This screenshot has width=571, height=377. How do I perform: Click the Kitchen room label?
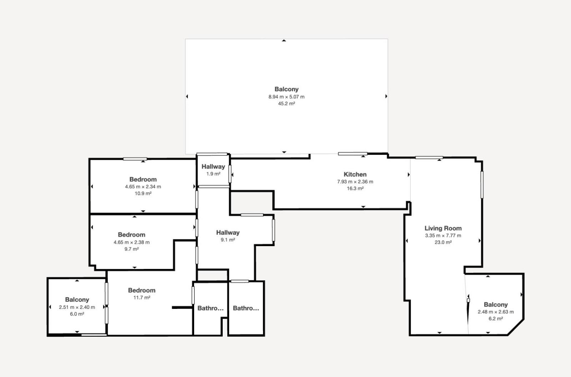coord(355,174)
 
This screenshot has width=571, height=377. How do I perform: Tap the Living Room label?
coord(443,228)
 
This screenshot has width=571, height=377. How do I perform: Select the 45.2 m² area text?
coord(287,104)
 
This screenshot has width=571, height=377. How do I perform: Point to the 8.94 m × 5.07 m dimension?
coord(287,97)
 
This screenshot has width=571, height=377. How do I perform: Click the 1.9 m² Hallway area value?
coord(213,174)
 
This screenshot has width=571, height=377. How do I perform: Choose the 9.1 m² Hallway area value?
coord(228,240)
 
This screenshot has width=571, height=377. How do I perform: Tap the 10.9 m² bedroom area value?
coord(143,194)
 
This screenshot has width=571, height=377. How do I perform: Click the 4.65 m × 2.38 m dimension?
coord(132,242)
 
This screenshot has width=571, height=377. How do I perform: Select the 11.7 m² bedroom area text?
coord(142,297)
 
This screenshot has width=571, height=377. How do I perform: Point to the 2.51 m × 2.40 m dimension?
coord(77,307)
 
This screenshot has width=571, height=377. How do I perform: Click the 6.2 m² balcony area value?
coord(496,319)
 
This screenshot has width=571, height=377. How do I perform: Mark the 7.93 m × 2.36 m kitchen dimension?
coord(355,182)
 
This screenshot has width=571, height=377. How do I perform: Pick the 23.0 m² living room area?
coord(443,242)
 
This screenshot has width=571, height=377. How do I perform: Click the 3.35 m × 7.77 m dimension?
coord(443,236)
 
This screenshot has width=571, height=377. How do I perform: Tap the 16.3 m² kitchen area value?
coord(355,188)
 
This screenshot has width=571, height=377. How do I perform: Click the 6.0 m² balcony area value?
coord(77,314)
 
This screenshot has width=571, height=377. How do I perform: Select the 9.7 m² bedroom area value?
coord(132,249)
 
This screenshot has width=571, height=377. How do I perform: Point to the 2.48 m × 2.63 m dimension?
coord(496,312)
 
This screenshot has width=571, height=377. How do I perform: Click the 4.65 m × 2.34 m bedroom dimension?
coord(143,187)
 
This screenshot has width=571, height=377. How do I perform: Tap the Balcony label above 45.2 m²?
coord(287,89)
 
